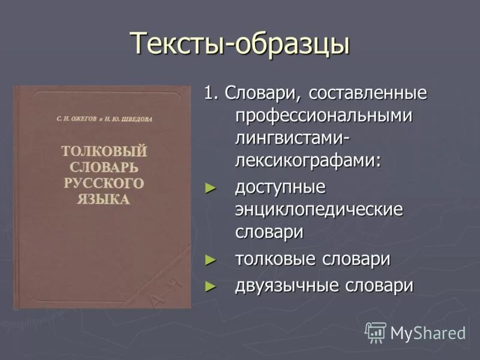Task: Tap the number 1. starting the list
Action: point(211,94)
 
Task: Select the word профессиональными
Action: point(323,116)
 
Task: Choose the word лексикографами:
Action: point(308,160)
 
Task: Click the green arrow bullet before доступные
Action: point(209,188)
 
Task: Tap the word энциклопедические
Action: point(319,209)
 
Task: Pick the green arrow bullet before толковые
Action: point(209,260)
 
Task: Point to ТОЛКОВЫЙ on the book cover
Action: point(104,151)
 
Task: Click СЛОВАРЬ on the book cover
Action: point(103,167)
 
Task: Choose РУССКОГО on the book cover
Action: point(103,183)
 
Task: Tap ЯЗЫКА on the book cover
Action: point(103,199)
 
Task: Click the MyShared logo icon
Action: point(376,332)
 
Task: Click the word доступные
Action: point(280,187)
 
